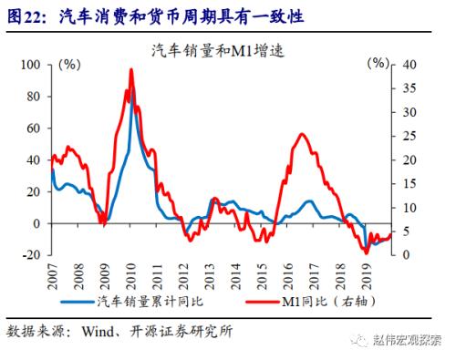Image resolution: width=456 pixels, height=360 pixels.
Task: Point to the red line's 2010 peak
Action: pos(131,69)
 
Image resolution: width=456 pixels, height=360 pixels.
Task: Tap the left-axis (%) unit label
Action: pos(69,65)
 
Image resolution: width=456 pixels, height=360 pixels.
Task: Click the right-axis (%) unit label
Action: pos(377,65)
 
